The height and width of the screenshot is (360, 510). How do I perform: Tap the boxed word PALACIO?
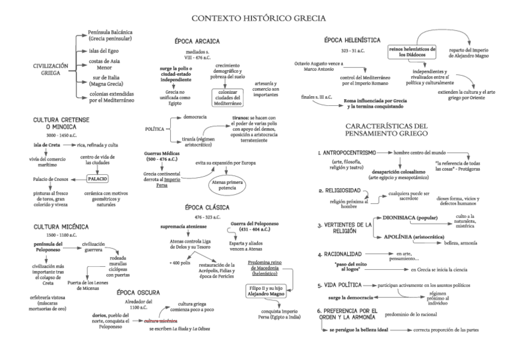97,179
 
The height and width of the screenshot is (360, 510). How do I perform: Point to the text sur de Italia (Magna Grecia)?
112,82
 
